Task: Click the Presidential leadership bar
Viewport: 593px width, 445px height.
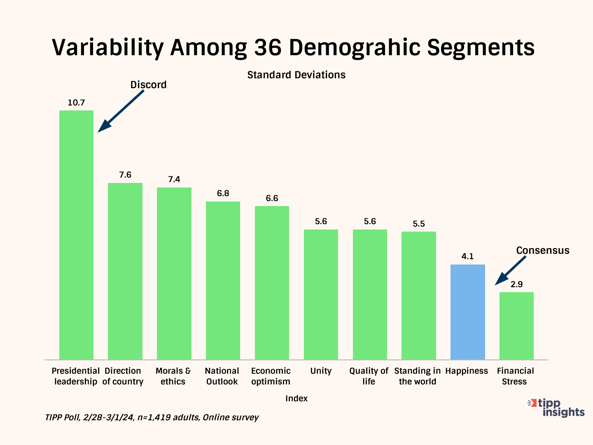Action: [x=76, y=235]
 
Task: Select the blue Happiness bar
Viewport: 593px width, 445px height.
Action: [x=467, y=312]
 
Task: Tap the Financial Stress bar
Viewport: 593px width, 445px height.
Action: [x=516, y=326]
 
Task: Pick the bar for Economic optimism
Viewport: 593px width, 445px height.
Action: [x=272, y=283]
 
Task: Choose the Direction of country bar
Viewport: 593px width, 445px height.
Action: [x=125, y=271]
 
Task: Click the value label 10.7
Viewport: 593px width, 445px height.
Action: [x=76, y=103]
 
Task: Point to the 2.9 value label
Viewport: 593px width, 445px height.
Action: [x=516, y=284]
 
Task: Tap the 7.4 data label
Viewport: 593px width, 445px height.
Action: [x=174, y=179]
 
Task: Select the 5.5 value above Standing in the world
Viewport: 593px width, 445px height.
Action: [x=419, y=224]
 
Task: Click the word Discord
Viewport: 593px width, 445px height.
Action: [x=148, y=85]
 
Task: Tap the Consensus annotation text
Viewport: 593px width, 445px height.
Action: [x=543, y=251]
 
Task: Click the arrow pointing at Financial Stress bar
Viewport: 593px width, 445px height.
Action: [x=510, y=271]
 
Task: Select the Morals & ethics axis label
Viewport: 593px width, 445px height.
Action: [x=173, y=376]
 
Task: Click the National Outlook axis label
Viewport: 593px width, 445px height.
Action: [x=222, y=376]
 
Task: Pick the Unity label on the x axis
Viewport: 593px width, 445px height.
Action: [x=321, y=371]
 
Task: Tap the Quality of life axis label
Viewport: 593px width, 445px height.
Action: [x=369, y=376]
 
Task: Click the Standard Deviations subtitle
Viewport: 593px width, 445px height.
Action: [x=296, y=75]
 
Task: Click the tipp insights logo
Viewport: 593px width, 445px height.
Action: [x=557, y=407]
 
